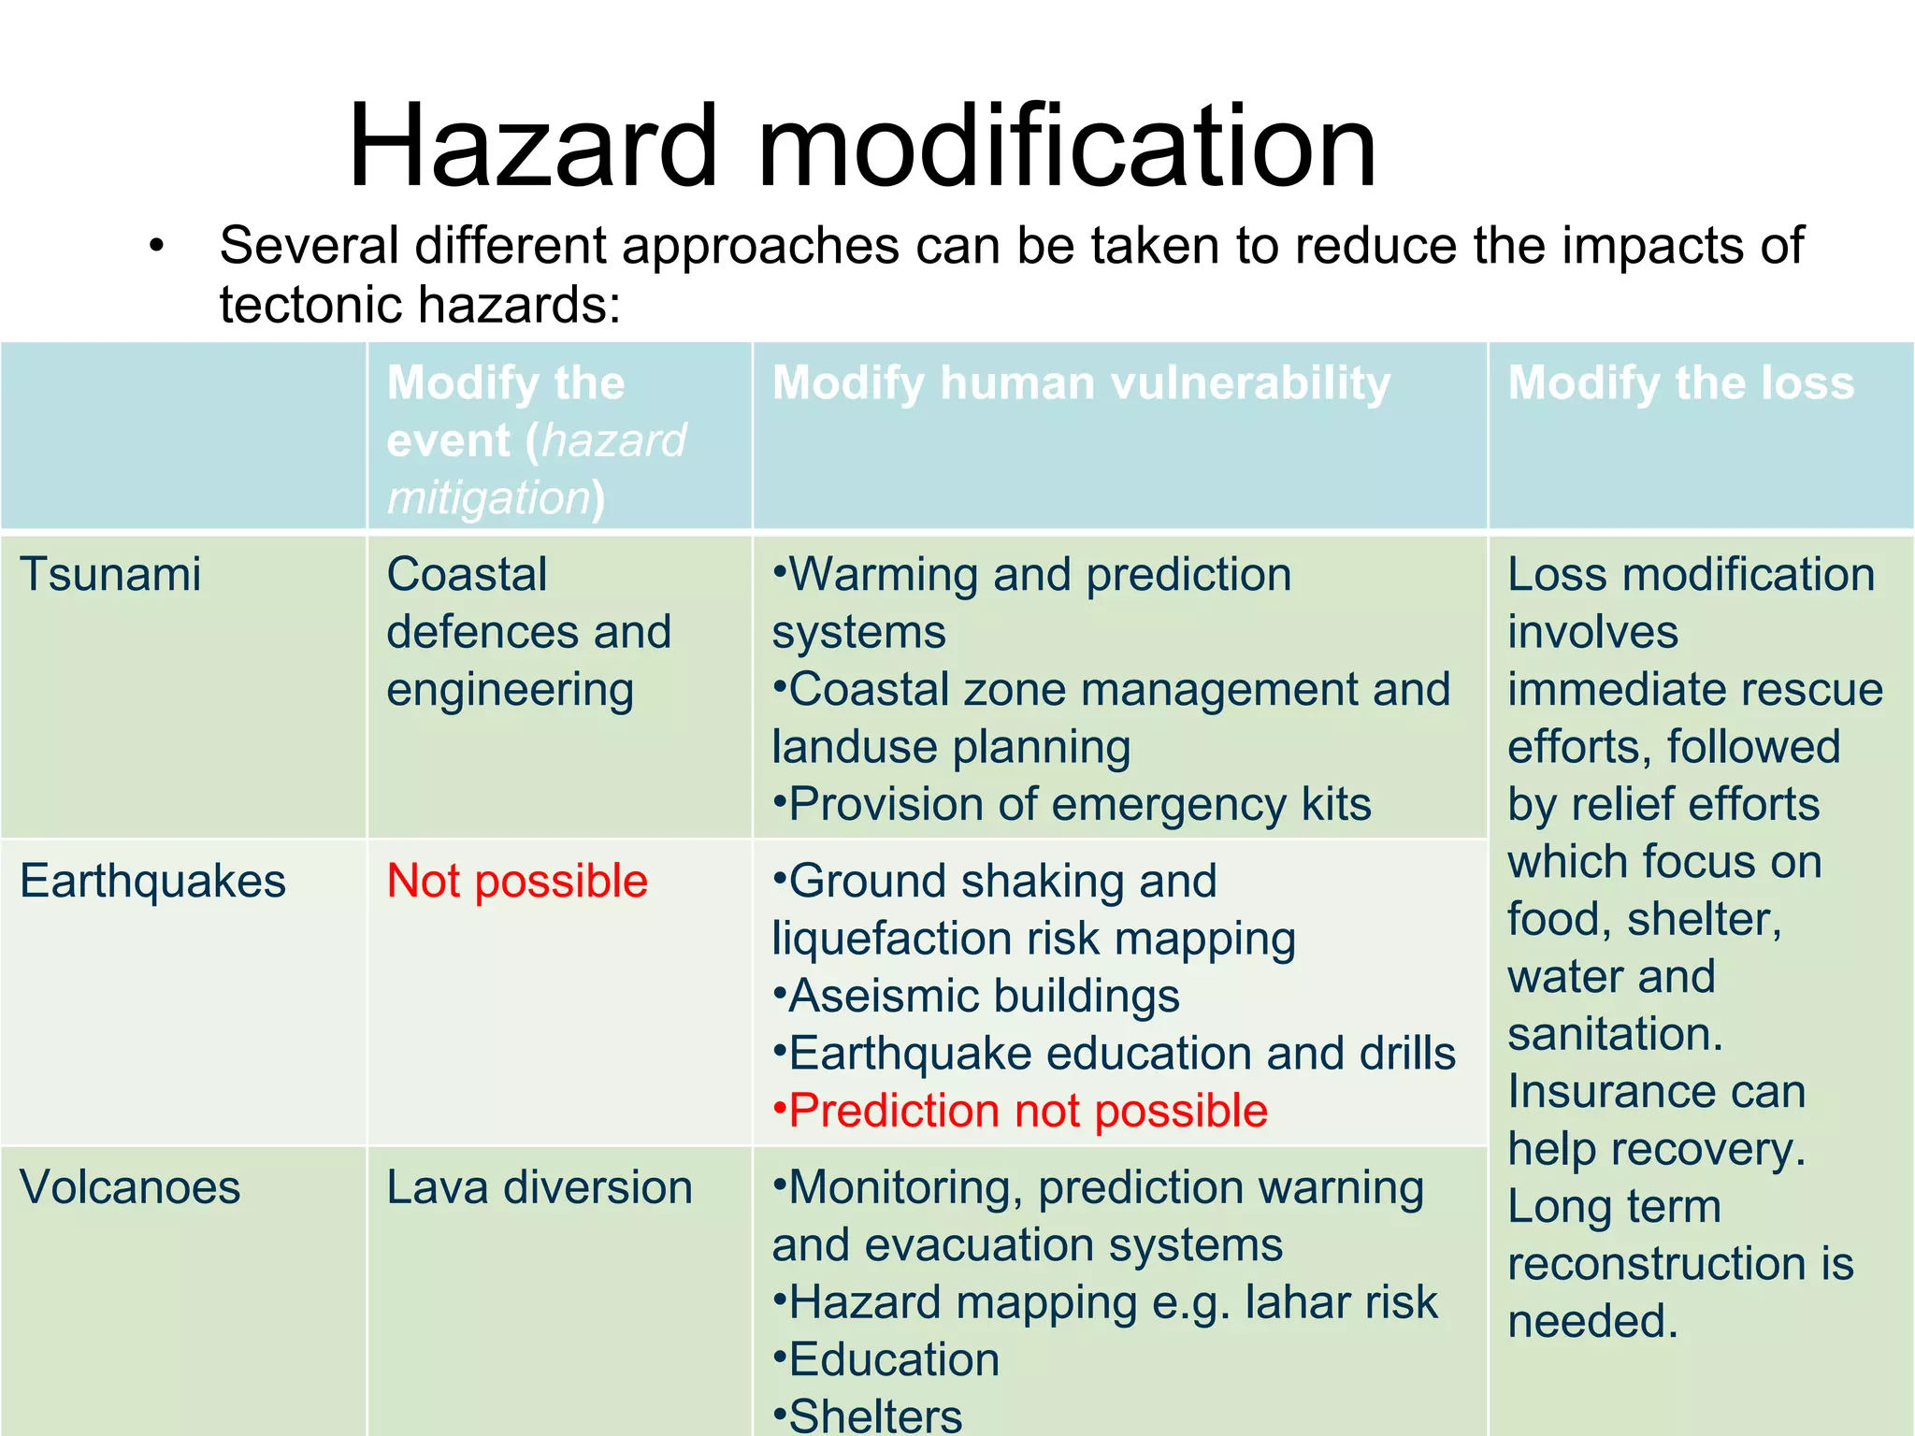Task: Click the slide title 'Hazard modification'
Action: (x=862, y=147)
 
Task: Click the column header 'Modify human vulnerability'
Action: (x=1081, y=383)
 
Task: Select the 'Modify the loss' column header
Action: (x=1680, y=383)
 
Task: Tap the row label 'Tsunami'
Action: (x=110, y=574)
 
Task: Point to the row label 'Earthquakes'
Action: (x=152, y=881)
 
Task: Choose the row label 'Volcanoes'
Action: (x=130, y=1187)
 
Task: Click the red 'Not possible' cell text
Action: (x=517, y=881)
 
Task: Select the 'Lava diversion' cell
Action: (x=540, y=1187)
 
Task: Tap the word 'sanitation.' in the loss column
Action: (x=1615, y=1034)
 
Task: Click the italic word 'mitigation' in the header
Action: (x=489, y=498)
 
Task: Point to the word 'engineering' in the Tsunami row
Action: (x=511, y=691)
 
